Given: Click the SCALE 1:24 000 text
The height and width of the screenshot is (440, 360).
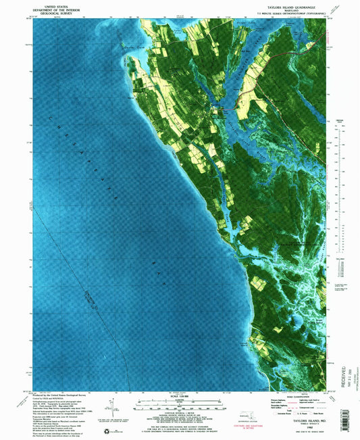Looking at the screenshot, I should (x=180, y=396).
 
